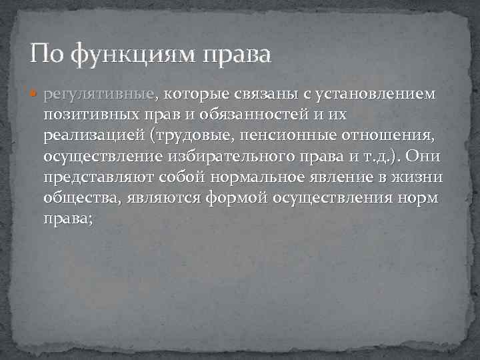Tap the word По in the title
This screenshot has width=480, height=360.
47,53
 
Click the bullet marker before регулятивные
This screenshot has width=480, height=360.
36,95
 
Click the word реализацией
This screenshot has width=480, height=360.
94,137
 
